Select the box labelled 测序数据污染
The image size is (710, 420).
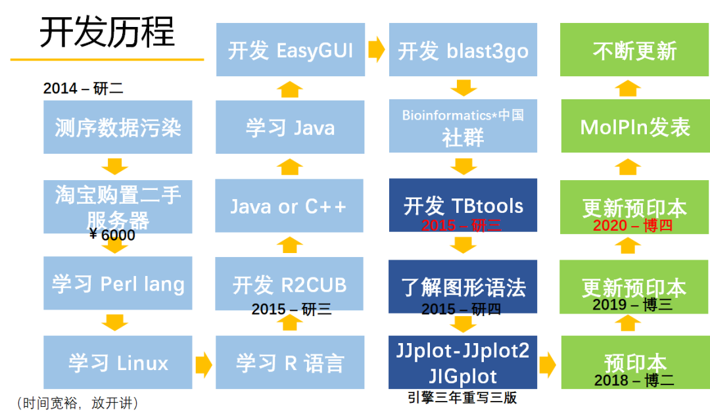(x=118, y=127)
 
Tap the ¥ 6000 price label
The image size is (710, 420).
(x=112, y=235)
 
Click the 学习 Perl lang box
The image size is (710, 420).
(x=118, y=283)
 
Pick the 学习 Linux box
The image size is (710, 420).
(x=118, y=362)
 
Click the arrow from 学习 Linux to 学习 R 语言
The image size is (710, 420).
(x=203, y=363)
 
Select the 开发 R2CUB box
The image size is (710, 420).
(x=289, y=284)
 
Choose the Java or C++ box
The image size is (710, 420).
(x=289, y=206)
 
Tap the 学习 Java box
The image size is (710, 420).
(x=289, y=127)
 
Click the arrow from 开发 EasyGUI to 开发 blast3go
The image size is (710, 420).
(x=376, y=49)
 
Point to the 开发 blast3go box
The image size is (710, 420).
(x=463, y=50)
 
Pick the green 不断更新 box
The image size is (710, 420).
(x=634, y=50)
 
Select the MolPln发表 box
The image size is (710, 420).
(x=634, y=127)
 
